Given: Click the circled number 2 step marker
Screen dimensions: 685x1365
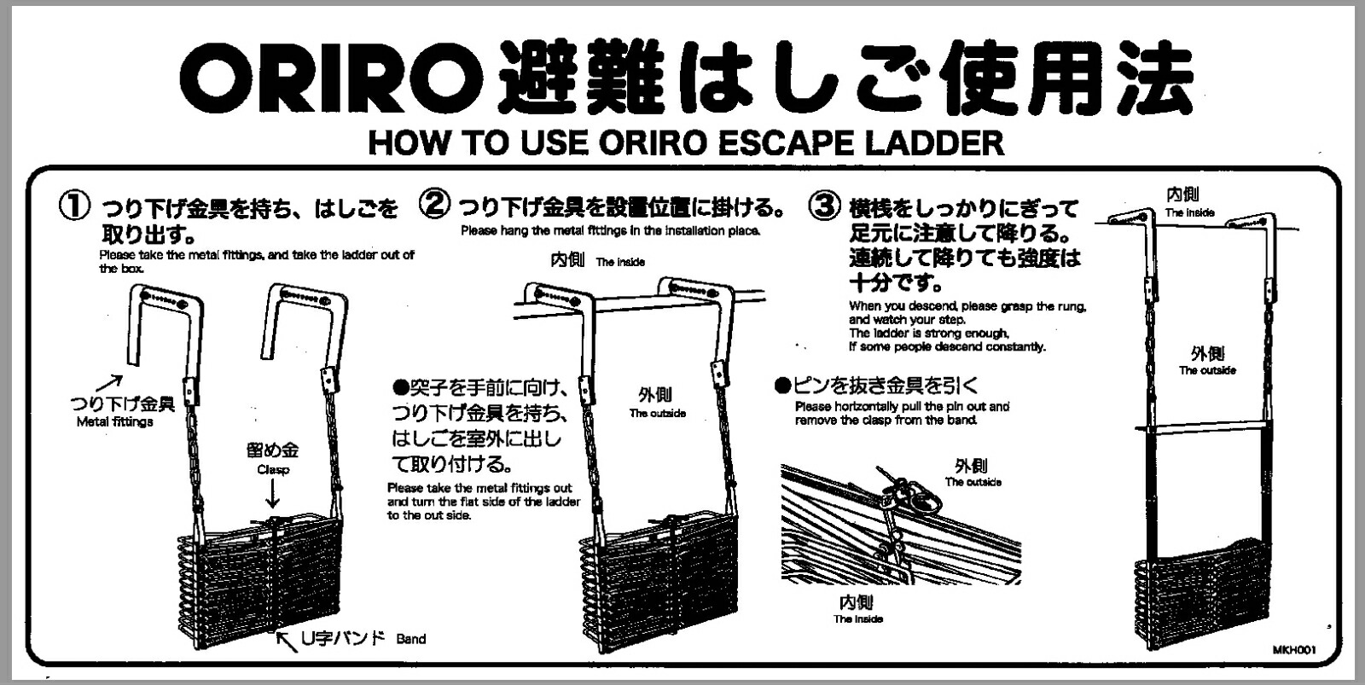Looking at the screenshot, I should click(435, 205).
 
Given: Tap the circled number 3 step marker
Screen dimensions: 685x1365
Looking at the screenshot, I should click(824, 206).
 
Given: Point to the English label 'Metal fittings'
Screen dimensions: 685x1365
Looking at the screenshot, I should click(115, 421).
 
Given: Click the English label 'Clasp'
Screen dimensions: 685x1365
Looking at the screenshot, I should click(273, 470).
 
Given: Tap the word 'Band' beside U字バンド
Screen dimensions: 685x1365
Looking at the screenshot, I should click(411, 639).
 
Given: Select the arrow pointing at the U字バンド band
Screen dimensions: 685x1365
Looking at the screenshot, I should click(287, 637).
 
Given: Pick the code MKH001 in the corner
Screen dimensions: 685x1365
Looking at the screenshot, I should click(1294, 650).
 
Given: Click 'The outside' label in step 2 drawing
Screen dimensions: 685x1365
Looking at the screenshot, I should click(658, 414).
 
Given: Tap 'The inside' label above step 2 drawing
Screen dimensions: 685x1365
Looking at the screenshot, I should click(620, 263).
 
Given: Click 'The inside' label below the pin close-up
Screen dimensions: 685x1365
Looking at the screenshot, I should click(858, 619).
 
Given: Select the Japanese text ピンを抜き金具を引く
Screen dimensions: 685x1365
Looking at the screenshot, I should click(886, 386).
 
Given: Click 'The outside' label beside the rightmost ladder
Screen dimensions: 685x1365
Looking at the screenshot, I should click(1207, 371).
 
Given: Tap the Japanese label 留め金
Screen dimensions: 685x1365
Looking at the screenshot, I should click(273, 450).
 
